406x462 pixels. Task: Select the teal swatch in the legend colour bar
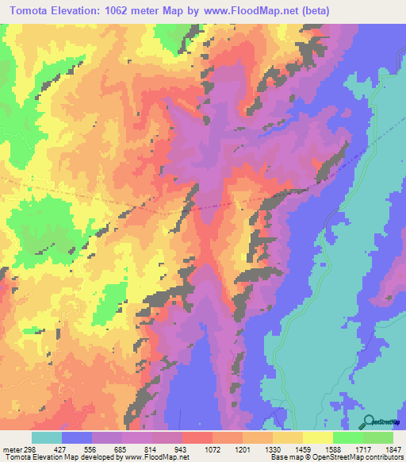[47, 437]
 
